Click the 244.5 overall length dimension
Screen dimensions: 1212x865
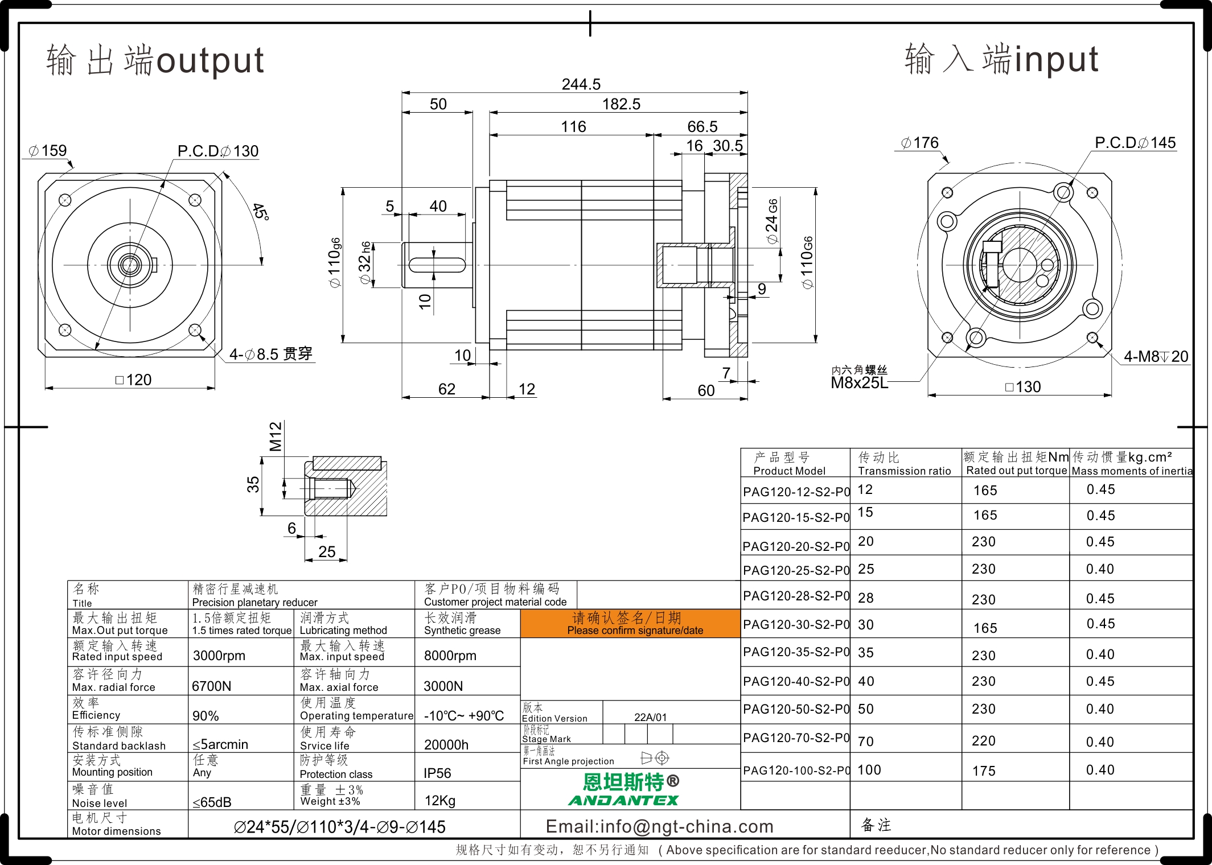(581, 84)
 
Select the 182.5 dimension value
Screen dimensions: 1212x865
(621, 104)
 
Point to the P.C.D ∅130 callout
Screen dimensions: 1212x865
(218, 151)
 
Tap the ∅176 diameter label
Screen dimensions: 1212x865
(919, 143)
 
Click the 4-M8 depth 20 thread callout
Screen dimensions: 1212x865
(1156, 357)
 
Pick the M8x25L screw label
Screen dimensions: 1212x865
(859, 382)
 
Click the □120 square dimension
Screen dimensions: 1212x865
(133, 380)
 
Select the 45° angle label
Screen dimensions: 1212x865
(261, 211)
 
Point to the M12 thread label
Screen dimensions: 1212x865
(276, 436)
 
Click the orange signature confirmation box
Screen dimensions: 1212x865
(630, 623)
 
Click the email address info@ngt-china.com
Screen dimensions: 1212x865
(660, 826)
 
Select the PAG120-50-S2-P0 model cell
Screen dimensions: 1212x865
(796, 709)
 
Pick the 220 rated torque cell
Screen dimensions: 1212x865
(984, 741)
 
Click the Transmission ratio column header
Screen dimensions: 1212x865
(905, 471)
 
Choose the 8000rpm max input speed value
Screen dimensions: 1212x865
(450, 656)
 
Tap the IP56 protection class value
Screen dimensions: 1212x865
(437, 773)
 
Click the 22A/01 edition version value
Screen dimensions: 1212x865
(650, 718)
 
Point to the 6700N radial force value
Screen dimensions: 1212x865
(212, 686)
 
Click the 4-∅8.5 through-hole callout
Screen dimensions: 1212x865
(271, 355)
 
